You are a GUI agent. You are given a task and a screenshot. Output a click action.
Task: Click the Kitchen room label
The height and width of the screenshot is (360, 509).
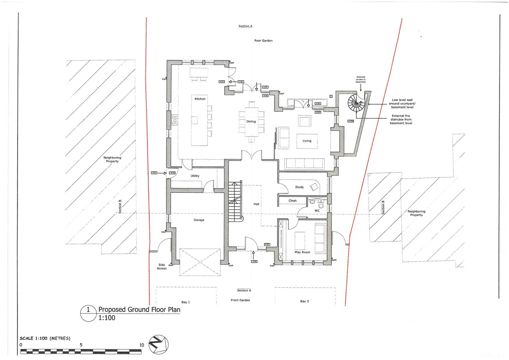(x=200, y=99)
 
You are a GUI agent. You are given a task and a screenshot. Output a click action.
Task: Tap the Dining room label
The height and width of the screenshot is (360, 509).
(x=251, y=122)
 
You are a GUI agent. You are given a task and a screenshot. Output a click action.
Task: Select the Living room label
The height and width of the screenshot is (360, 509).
(x=307, y=141)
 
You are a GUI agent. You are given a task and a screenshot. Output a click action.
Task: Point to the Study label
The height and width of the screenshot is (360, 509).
(x=299, y=187)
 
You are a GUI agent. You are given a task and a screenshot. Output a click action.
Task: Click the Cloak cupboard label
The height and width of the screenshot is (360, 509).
(x=292, y=201)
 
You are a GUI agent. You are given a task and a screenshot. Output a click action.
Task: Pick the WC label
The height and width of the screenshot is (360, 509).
(x=317, y=211)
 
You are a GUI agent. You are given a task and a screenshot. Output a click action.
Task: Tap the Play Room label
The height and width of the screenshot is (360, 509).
(x=302, y=252)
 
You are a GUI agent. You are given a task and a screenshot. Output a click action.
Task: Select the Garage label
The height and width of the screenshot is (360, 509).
(x=199, y=220)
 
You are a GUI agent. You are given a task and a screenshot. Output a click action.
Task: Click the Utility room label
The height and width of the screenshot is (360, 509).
(x=195, y=176)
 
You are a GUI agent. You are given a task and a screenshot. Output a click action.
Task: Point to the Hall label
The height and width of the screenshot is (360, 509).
(x=256, y=204)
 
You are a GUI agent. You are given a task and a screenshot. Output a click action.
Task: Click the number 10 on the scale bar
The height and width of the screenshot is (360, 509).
(x=142, y=345)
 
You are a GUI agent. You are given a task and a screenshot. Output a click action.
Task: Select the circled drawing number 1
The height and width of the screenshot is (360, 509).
(x=88, y=309)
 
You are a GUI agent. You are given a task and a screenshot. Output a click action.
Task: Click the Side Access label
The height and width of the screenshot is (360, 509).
(x=162, y=267)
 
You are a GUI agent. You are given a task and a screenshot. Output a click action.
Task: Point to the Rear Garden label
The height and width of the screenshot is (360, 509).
(x=263, y=41)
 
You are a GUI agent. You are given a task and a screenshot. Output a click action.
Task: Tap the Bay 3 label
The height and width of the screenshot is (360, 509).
(x=304, y=301)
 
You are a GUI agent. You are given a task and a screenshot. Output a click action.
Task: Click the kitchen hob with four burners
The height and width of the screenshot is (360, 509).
(x=174, y=120)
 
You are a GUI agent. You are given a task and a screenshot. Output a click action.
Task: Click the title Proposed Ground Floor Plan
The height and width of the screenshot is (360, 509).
(x=139, y=310)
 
